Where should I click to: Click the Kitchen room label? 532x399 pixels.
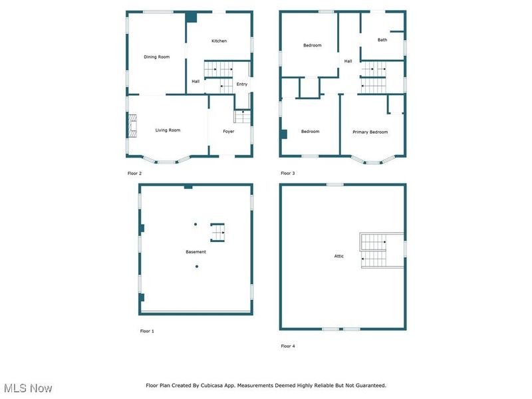(x=219, y=41)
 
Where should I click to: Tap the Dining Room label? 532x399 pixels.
(x=156, y=57)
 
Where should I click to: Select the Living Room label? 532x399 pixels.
(x=168, y=130)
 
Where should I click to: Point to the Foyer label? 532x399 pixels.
(x=228, y=131)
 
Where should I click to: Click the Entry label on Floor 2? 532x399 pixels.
(x=242, y=84)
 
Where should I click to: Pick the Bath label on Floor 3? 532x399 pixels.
(x=382, y=40)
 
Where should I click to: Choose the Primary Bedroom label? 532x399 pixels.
(x=370, y=132)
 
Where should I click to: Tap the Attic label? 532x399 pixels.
(x=339, y=256)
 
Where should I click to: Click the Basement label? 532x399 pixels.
(x=196, y=252)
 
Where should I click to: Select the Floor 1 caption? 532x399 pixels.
(x=147, y=331)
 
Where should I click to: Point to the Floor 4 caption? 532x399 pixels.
(x=288, y=346)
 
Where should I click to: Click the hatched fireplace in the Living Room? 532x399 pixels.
(x=132, y=126)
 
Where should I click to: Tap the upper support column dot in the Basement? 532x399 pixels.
(x=196, y=224)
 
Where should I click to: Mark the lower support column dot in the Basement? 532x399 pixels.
(x=196, y=267)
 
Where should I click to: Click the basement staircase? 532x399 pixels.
(x=217, y=233)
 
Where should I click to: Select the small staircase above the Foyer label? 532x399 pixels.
(x=242, y=116)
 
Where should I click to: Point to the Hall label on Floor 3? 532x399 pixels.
(x=348, y=61)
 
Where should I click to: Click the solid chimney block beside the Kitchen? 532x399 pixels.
(x=192, y=17)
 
